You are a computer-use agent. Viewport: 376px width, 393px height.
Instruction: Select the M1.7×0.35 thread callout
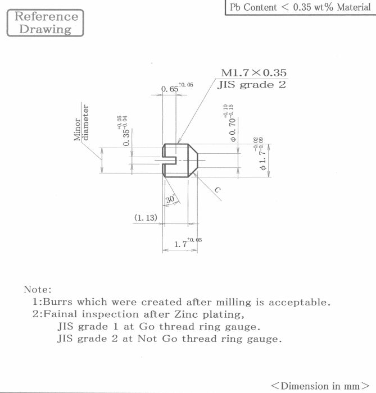click(x=253, y=72)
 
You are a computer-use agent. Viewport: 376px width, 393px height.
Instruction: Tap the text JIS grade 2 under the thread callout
click(x=252, y=85)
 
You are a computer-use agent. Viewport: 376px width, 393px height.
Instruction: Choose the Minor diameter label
click(x=81, y=122)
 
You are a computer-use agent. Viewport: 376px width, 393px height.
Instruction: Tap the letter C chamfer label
click(x=218, y=191)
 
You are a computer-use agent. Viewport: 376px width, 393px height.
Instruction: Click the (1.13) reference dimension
click(x=145, y=217)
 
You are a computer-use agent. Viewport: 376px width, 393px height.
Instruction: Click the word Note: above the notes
click(x=37, y=290)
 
